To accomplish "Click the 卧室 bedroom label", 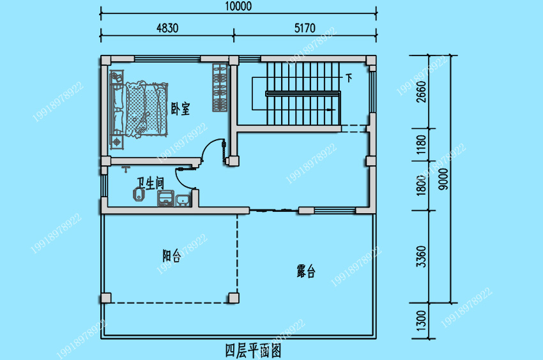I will pyautogui.click(x=181, y=109).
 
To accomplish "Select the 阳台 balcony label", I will pyautogui.click(x=171, y=256).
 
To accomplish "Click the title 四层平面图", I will pyautogui.click(x=253, y=350).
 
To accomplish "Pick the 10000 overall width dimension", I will pyautogui.click(x=238, y=7).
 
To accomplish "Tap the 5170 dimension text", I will pyautogui.click(x=305, y=28).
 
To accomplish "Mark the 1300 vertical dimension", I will pyautogui.click(x=420, y=322).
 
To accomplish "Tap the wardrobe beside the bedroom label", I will pyautogui.click(x=219, y=88).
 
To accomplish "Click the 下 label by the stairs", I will pyautogui.click(x=349, y=79).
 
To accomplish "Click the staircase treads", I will pyautogui.click(x=300, y=93).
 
